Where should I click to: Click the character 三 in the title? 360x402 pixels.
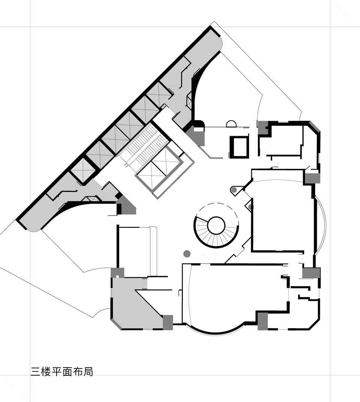pyautogui.click(x=35, y=372)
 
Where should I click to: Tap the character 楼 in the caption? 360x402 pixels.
pyautogui.click(x=46, y=372)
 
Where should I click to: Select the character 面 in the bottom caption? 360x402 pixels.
pyautogui.click(x=67, y=372)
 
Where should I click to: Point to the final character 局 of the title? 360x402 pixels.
pyautogui.click(x=88, y=372)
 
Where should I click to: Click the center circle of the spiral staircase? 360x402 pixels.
pyautogui.click(x=216, y=225)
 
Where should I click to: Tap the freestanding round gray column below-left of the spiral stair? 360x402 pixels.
pyautogui.click(x=187, y=253)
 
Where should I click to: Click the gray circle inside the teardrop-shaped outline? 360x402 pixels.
pyautogui.click(x=234, y=190)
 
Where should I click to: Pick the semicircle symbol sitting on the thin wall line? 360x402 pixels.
pyautogui.click(x=231, y=124)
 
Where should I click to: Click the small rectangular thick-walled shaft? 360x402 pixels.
pyautogui.click(x=240, y=147)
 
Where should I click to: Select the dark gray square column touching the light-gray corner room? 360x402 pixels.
pyautogui.click(x=168, y=322)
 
